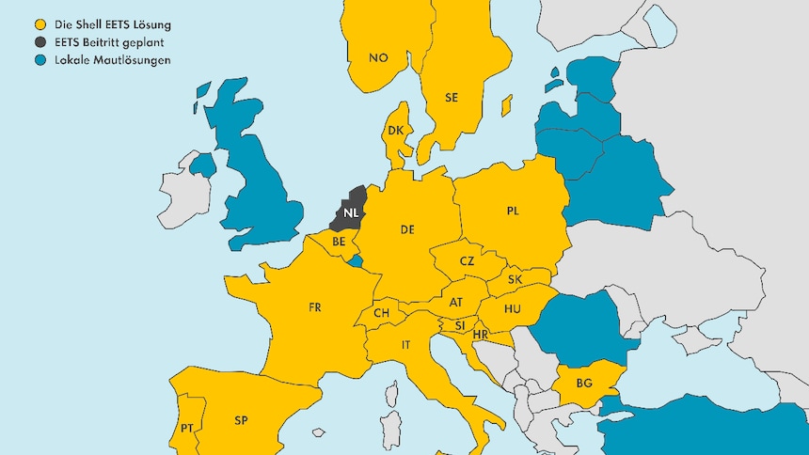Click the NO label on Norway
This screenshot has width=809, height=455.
[378, 58]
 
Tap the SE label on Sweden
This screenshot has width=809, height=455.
[452, 97]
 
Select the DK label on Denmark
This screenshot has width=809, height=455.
[396, 132]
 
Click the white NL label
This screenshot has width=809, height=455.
[351, 212]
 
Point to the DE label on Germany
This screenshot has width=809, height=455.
[408, 229]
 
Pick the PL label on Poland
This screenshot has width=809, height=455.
[513, 212]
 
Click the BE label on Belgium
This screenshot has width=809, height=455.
[340, 242]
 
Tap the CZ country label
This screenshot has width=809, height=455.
[468, 261]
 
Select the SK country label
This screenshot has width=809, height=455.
[515, 280]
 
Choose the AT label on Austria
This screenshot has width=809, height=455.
[456, 303]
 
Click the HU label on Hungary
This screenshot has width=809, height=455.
[513, 308]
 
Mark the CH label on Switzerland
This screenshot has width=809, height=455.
[382, 313]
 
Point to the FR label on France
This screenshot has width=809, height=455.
[315, 307]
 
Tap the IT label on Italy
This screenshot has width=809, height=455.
[406, 345]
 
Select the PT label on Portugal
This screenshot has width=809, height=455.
[187, 429]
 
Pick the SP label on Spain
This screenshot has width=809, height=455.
[241, 420]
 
